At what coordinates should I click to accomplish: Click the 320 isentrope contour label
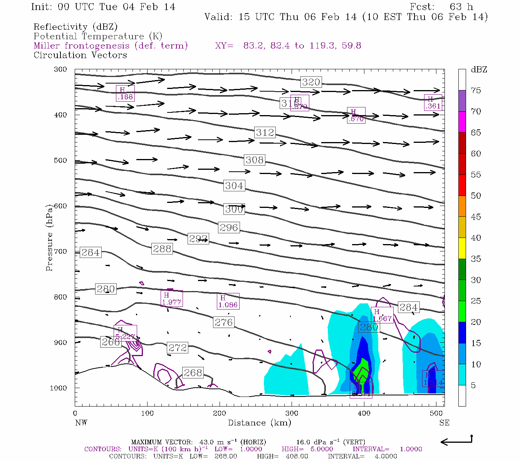click(x=311, y=82)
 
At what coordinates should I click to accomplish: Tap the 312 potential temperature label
click(x=265, y=132)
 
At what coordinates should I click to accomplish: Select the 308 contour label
click(x=255, y=160)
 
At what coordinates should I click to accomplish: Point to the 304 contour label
click(x=234, y=186)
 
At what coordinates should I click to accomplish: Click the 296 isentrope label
click(x=229, y=228)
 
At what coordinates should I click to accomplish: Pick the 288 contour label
click(x=162, y=249)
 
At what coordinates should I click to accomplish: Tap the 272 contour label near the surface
click(x=178, y=348)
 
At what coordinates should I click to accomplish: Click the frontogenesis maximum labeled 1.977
click(x=171, y=299)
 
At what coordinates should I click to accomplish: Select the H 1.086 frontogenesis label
click(x=228, y=301)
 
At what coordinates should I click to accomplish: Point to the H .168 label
click(x=125, y=94)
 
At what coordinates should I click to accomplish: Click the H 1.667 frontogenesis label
click(x=382, y=315)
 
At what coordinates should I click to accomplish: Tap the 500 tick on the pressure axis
click(x=60, y=161)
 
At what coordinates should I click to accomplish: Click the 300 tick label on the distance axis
click(x=292, y=413)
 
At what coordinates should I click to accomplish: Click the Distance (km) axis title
click(x=259, y=423)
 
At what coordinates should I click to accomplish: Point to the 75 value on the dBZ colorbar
click(x=476, y=90)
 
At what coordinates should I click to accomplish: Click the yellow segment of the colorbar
click(x=462, y=248)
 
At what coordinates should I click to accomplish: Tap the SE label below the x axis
click(x=444, y=423)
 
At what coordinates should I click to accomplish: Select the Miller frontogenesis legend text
click(x=111, y=46)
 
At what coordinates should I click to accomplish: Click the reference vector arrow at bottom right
click(x=456, y=441)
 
